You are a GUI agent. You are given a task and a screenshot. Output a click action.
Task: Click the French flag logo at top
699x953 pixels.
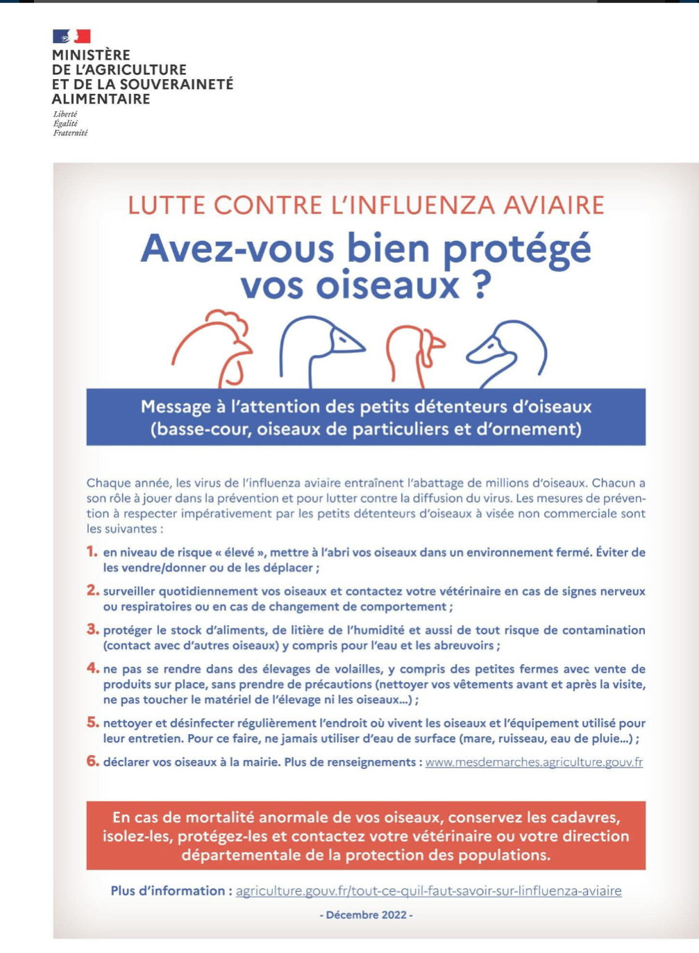(71, 36)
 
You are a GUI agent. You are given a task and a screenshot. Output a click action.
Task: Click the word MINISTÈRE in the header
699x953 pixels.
(91, 55)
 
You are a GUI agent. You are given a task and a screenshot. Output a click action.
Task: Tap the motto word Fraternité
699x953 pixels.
(70, 133)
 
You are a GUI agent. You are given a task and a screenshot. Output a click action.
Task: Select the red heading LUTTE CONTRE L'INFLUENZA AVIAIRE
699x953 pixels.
(366, 206)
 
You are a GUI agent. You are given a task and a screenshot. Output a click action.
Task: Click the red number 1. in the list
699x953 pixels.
(92, 552)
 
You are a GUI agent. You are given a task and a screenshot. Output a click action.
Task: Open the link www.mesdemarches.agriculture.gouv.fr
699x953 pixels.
(534, 762)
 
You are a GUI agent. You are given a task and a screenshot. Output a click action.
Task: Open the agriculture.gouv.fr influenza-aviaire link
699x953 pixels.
(428, 890)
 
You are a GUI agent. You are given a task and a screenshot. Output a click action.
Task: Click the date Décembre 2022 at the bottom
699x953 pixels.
(366, 915)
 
